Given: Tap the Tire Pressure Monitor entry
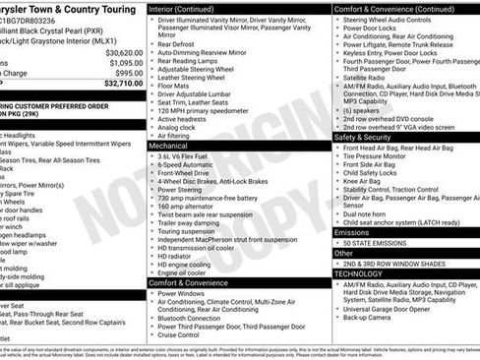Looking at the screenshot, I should pyautogui.click(x=387, y=155).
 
